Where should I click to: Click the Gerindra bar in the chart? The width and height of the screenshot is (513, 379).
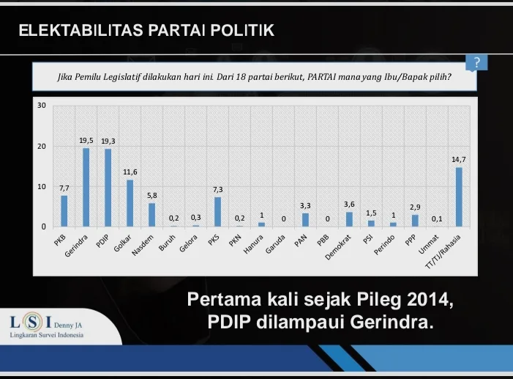click(86, 187)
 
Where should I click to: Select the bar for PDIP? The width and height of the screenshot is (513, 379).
click(108, 188)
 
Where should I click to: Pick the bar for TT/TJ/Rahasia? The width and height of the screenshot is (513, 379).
click(459, 196)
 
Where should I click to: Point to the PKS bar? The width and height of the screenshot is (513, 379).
click(217, 212)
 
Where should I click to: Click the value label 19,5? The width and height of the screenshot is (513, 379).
click(86, 139)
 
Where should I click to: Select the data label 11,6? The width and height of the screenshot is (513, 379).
click(130, 172)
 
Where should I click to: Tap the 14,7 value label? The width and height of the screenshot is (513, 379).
click(459, 158)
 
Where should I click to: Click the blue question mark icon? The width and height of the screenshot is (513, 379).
click(476, 63)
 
